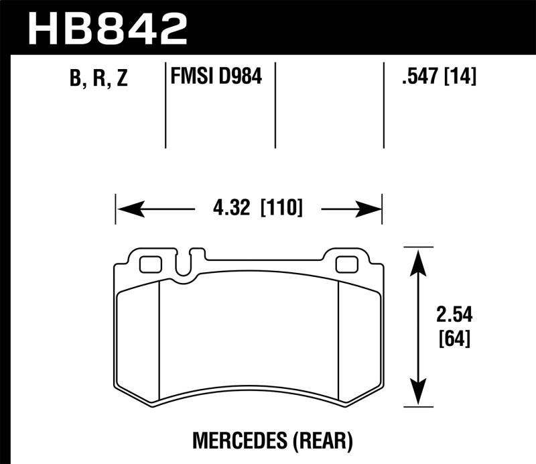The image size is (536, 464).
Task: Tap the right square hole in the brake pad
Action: [346, 264]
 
